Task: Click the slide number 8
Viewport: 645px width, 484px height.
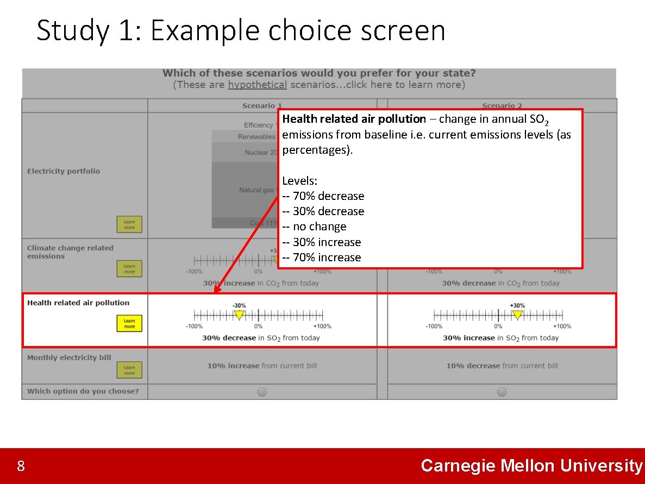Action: [x=21, y=466]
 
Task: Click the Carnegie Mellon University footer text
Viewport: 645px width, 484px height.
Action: [x=531, y=466]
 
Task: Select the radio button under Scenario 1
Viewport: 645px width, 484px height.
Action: [x=262, y=392]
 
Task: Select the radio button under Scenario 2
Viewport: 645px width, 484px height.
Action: [x=502, y=392]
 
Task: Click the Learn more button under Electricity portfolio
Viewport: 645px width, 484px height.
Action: [x=129, y=224]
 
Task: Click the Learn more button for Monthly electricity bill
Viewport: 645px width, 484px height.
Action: [x=129, y=370]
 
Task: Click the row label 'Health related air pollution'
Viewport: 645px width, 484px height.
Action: [x=78, y=303]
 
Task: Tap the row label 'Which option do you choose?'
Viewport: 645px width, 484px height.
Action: [x=83, y=391]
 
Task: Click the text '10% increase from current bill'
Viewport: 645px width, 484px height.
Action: [x=262, y=366]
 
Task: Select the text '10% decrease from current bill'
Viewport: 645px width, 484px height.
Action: [x=502, y=366]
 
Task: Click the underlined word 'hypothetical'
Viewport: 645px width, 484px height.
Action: [x=257, y=85]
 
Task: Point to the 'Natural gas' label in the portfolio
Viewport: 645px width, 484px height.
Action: [x=256, y=190]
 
